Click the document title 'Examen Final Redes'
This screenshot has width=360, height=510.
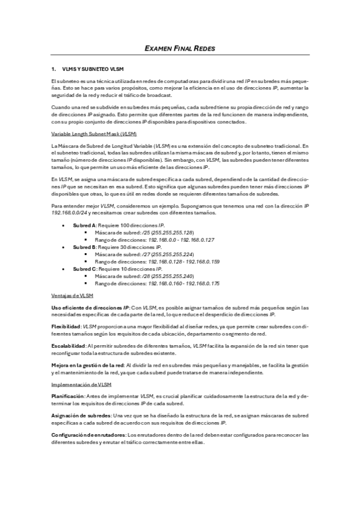(180, 48)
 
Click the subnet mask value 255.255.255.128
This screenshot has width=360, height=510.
(172, 232)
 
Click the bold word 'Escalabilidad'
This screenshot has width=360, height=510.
(68, 346)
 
